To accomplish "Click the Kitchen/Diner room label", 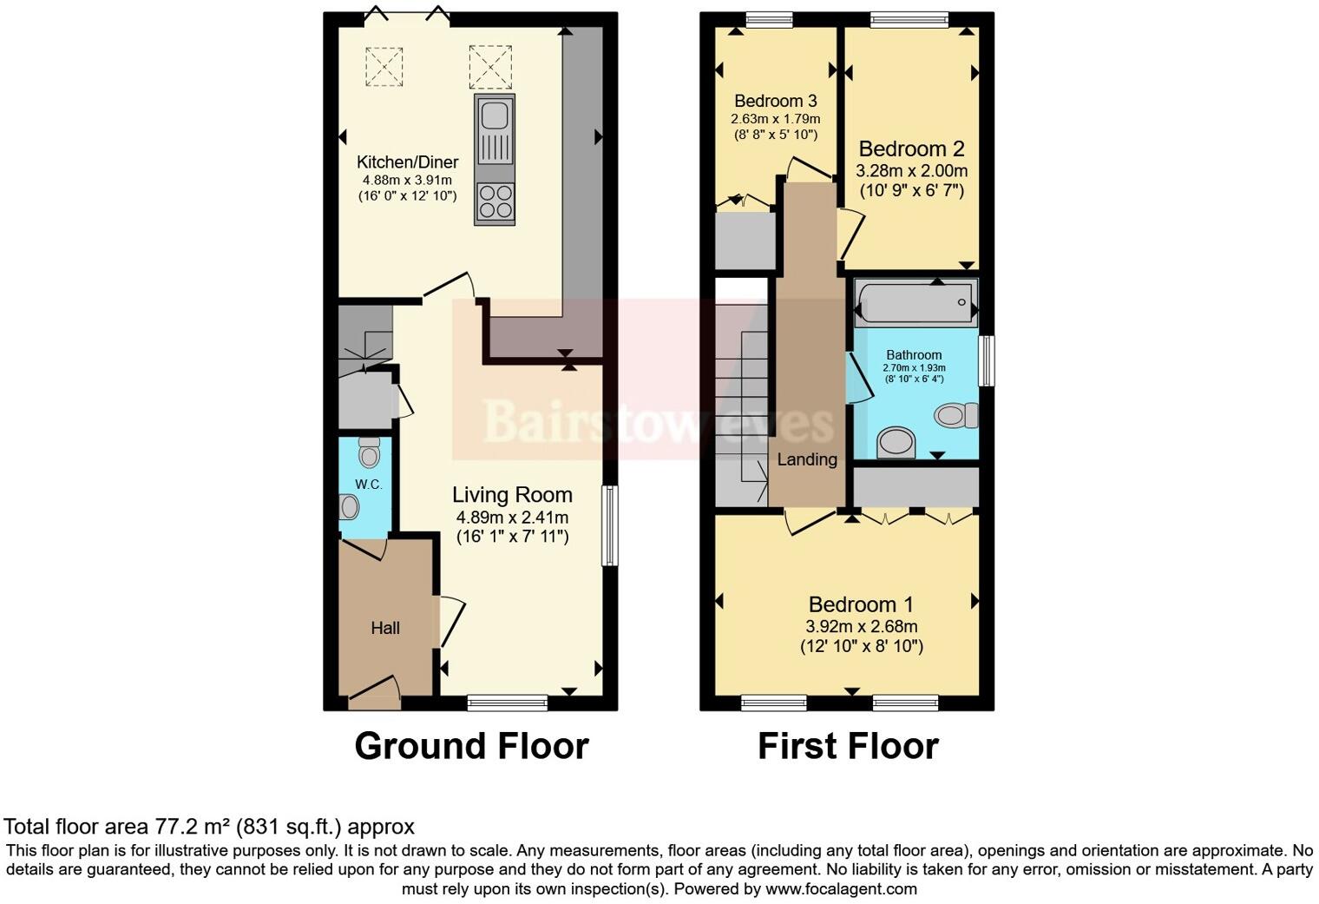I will pyautogui.click(x=407, y=162).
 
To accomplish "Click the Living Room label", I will pyautogui.click(x=512, y=495).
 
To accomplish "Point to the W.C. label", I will pyautogui.click(x=369, y=485).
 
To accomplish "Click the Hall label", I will pyautogui.click(x=385, y=628).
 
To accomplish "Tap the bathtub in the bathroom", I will pyautogui.click(x=915, y=303).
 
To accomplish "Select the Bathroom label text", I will pyautogui.click(x=914, y=355).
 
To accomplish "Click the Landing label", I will pyautogui.click(x=807, y=459).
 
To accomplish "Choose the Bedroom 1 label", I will pyautogui.click(x=861, y=604).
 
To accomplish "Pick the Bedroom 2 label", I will pyautogui.click(x=911, y=148).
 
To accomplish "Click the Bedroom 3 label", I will pyautogui.click(x=775, y=101).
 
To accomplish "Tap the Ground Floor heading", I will pyautogui.click(x=471, y=746).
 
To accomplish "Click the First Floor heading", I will pyautogui.click(x=848, y=746).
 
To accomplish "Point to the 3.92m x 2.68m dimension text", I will pyautogui.click(x=861, y=626).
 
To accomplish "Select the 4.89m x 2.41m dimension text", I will pyautogui.click(x=512, y=517).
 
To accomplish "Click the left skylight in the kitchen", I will pyautogui.click(x=384, y=67).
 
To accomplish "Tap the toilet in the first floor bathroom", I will pyautogui.click(x=956, y=416).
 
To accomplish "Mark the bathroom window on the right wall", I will pyautogui.click(x=987, y=360).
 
